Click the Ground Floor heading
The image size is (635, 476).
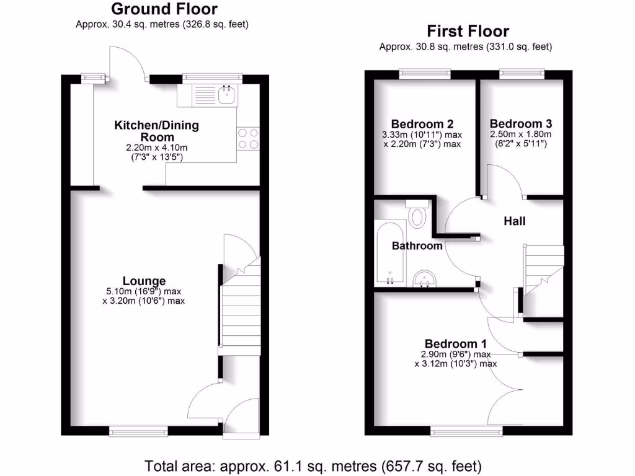pyautogui.click(x=164, y=9)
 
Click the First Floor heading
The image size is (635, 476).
pyautogui.click(x=468, y=32)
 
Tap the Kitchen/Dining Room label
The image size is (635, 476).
pyautogui.click(x=157, y=131)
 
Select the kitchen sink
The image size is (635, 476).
pyautogui.click(x=226, y=95)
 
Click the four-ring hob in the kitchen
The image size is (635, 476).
pyautogui.click(x=248, y=138)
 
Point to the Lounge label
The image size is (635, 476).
pyautogui.click(x=144, y=281)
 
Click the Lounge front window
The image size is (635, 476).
pyautogui.click(x=138, y=430)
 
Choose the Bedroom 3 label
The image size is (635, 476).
pyautogui.click(x=521, y=123)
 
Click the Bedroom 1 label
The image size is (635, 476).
pyautogui.click(x=456, y=344)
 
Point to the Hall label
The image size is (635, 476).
pyautogui.click(x=515, y=221)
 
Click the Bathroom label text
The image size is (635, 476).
pyautogui.click(x=417, y=246)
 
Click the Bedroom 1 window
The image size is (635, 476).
pyautogui.click(x=466, y=430)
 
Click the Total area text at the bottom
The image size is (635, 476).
pyautogui.click(x=313, y=465)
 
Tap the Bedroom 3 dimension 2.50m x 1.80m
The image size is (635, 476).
pyautogui.click(x=521, y=134)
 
